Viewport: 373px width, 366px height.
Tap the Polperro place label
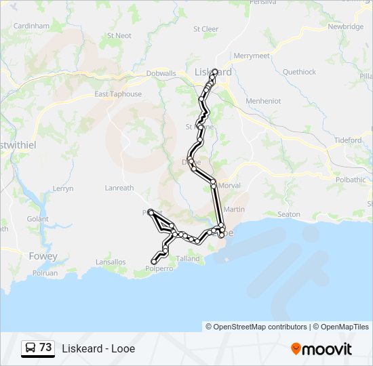[159, 268]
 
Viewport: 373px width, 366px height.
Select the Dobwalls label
[161, 74]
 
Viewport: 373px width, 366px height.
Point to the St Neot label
[119, 35]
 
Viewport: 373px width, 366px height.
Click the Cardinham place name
[32, 26]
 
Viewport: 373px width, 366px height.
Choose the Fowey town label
[43, 256]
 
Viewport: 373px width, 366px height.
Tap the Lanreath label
[119, 188]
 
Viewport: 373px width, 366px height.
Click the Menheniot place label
[263, 101]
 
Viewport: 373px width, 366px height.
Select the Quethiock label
[299, 72]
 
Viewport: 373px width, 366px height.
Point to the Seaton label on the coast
[289, 214]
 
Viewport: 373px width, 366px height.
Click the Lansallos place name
[111, 262]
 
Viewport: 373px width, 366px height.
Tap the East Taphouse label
[118, 94]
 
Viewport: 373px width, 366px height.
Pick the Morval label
[230, 185]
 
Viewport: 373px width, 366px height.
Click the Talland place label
[188, 258]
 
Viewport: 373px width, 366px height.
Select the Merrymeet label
[252, 56]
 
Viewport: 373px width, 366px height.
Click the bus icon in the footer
[31, 348]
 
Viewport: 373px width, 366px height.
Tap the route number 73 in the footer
[45, 348]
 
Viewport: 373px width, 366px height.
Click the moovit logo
[321, 349]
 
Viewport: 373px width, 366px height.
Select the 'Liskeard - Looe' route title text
[98, 349]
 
